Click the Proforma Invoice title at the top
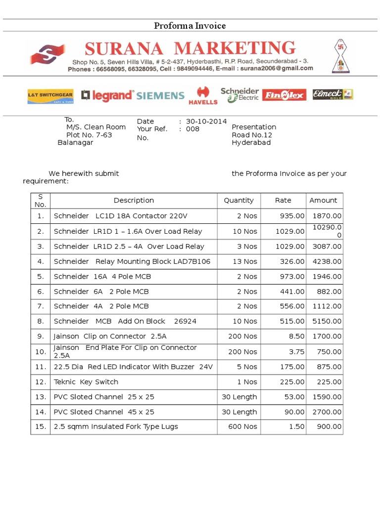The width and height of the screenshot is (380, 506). click(190, 26)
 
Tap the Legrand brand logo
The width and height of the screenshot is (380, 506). click(107, 95)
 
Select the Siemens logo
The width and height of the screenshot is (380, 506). click(160, 96)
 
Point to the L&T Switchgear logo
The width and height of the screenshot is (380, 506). click(50, 96)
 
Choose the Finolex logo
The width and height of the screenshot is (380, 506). click(284, 95)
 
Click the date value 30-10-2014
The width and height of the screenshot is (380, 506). click(206, 121)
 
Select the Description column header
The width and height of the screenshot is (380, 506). click(134, 200)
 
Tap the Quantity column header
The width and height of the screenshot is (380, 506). click(238, 200)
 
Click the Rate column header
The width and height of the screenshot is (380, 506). click(283, 200)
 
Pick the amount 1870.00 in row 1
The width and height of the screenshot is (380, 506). click(327, 216)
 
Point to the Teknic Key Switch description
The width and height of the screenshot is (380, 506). click(86, 381)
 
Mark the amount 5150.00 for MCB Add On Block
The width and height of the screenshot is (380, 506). click(327, 321)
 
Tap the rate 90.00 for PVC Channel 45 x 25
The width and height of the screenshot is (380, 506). click(295, 412)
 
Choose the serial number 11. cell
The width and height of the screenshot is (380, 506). click(40, 367)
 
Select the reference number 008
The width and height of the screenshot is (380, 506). click(192, 129)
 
